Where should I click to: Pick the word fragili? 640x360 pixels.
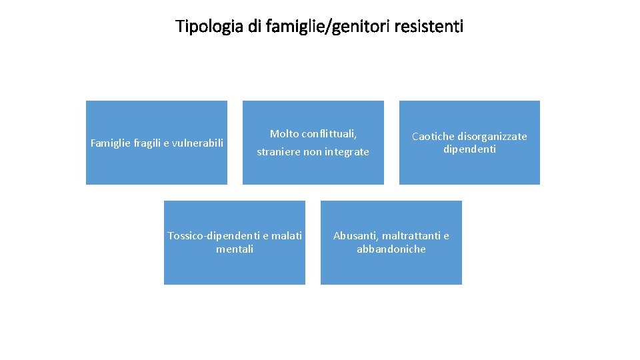147,142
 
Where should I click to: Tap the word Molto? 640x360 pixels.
284,134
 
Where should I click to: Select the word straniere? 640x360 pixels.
279,152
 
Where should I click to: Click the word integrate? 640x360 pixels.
347,152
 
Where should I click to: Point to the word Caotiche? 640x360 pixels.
433,137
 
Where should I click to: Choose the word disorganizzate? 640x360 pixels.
492,137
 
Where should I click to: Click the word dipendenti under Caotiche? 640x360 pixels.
469,149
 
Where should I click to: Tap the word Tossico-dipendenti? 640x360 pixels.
214,236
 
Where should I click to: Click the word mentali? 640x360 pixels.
235,249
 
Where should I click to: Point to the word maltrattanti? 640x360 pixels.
411,236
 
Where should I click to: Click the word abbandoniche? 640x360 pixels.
391,249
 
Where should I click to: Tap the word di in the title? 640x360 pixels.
254,27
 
